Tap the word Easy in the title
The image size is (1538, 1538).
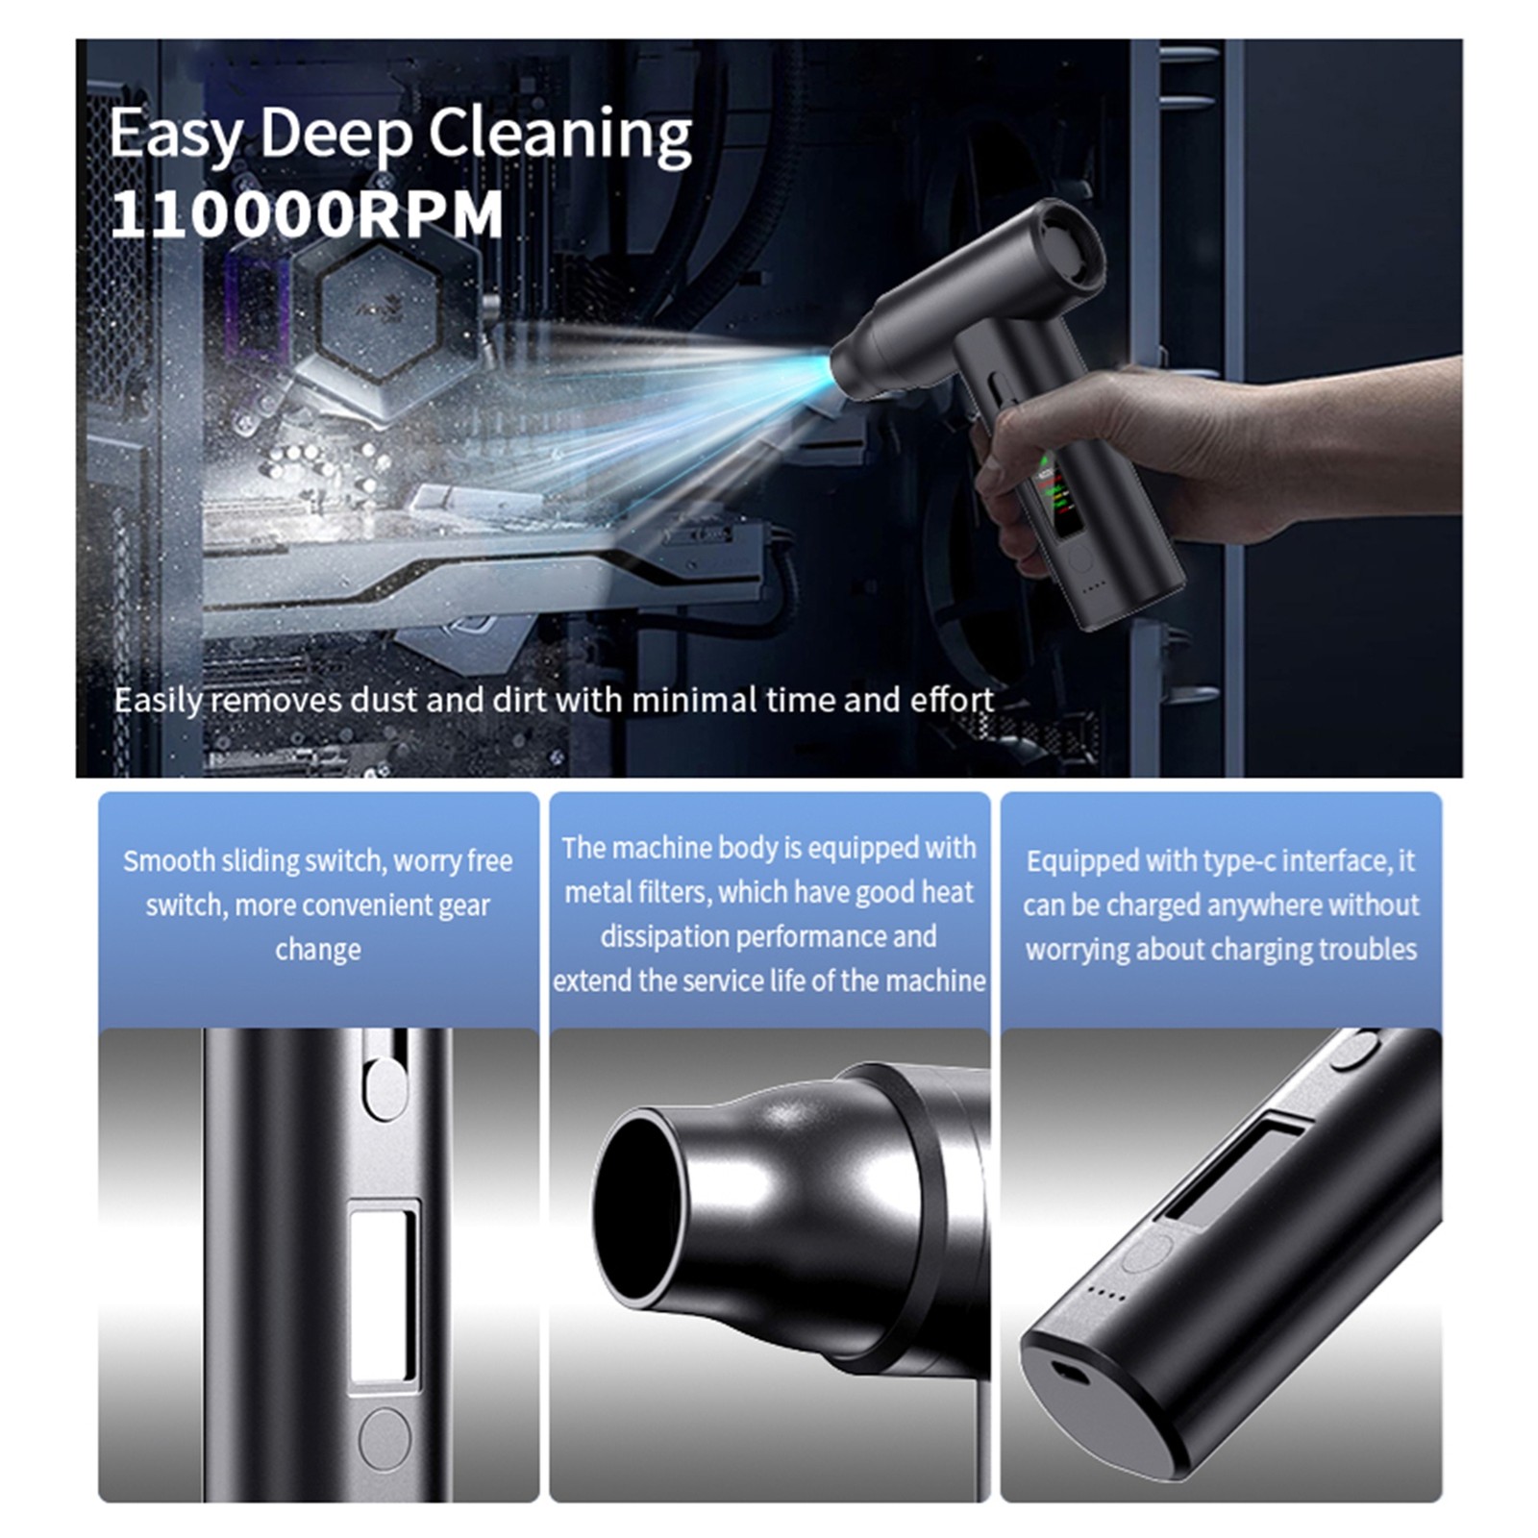(x=176, y=135)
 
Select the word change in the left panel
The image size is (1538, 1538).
(x=318, y=949)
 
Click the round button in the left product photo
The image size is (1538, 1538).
(x=384, y=1438)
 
